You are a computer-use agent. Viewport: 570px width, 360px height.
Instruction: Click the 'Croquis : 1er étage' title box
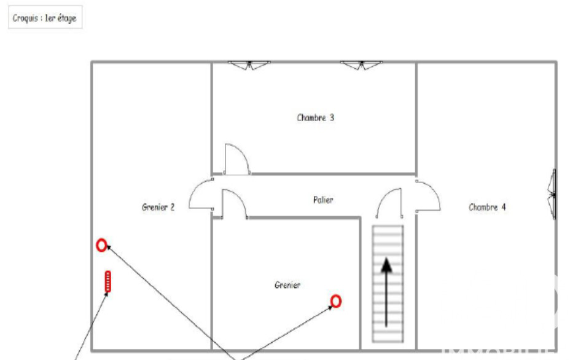tap(45, 17)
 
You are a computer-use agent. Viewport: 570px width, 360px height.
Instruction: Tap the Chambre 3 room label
tap(315, 117)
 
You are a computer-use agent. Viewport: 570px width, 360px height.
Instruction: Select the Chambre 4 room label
tap(487, 207)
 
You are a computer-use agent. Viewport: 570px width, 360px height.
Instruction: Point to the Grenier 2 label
tap(158, 207)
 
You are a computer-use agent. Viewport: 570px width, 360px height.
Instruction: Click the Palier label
tap(323, 200)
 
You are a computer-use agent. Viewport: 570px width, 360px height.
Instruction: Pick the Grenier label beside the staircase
tap(287, 285)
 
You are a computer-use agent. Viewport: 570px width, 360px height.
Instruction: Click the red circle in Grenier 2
tap(101, 246)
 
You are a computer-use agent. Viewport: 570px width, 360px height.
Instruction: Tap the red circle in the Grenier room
tap(336, 301)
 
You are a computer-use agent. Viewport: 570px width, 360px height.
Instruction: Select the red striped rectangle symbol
tap(108, 281)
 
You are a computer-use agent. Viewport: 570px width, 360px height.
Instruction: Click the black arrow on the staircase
tap(386, 292)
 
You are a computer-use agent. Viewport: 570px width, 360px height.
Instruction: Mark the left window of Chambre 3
tap(249, 66)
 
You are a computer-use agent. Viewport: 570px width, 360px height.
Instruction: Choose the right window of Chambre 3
tap(362, 66)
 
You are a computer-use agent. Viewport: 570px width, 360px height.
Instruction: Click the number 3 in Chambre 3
tap(332, 117)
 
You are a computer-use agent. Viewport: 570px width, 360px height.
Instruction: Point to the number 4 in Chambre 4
tap(504, 207)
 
